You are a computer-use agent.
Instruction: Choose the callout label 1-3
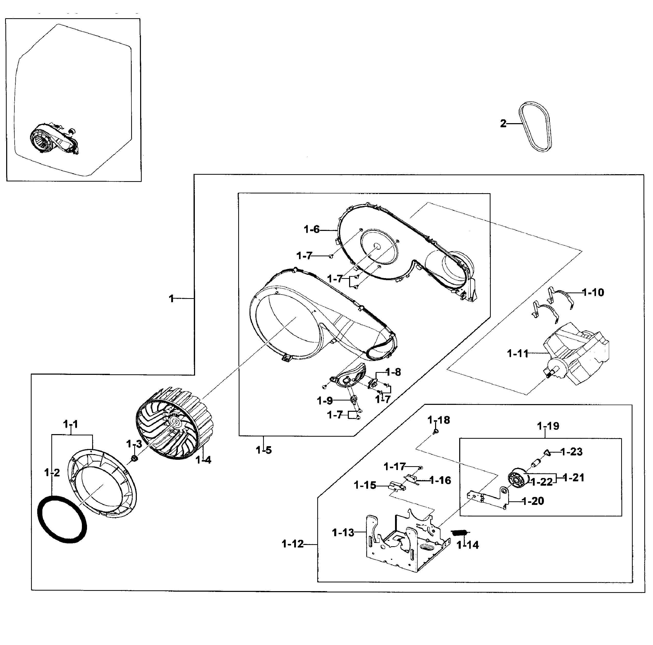[134, 444]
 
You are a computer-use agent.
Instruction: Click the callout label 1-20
[533, 501]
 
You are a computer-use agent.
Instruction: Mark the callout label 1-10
[593, 292]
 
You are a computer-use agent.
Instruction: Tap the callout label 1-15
[365, 485]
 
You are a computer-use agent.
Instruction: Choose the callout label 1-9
[325, 401]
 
